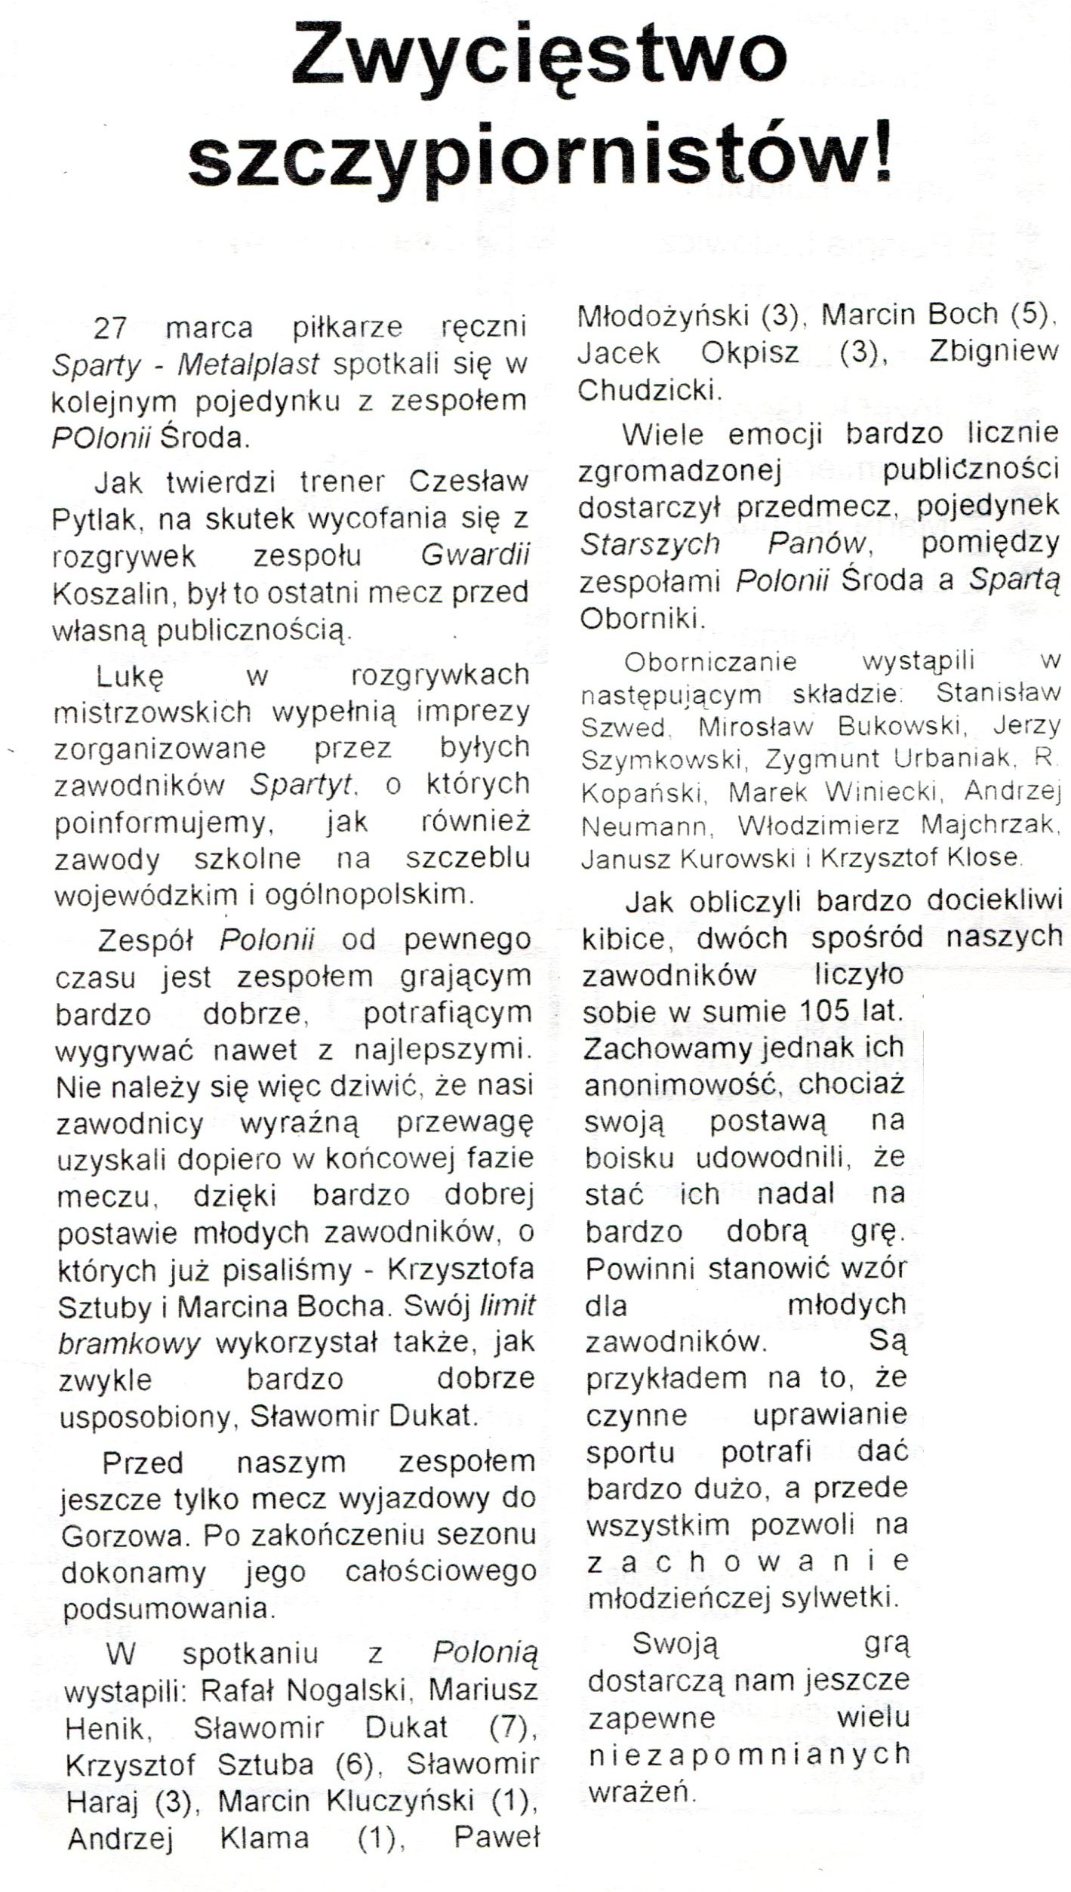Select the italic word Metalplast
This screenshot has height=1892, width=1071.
click(248, 365)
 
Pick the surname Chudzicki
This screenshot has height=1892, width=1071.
click(646, 390)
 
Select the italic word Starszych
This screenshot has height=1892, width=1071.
click(648, 543)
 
